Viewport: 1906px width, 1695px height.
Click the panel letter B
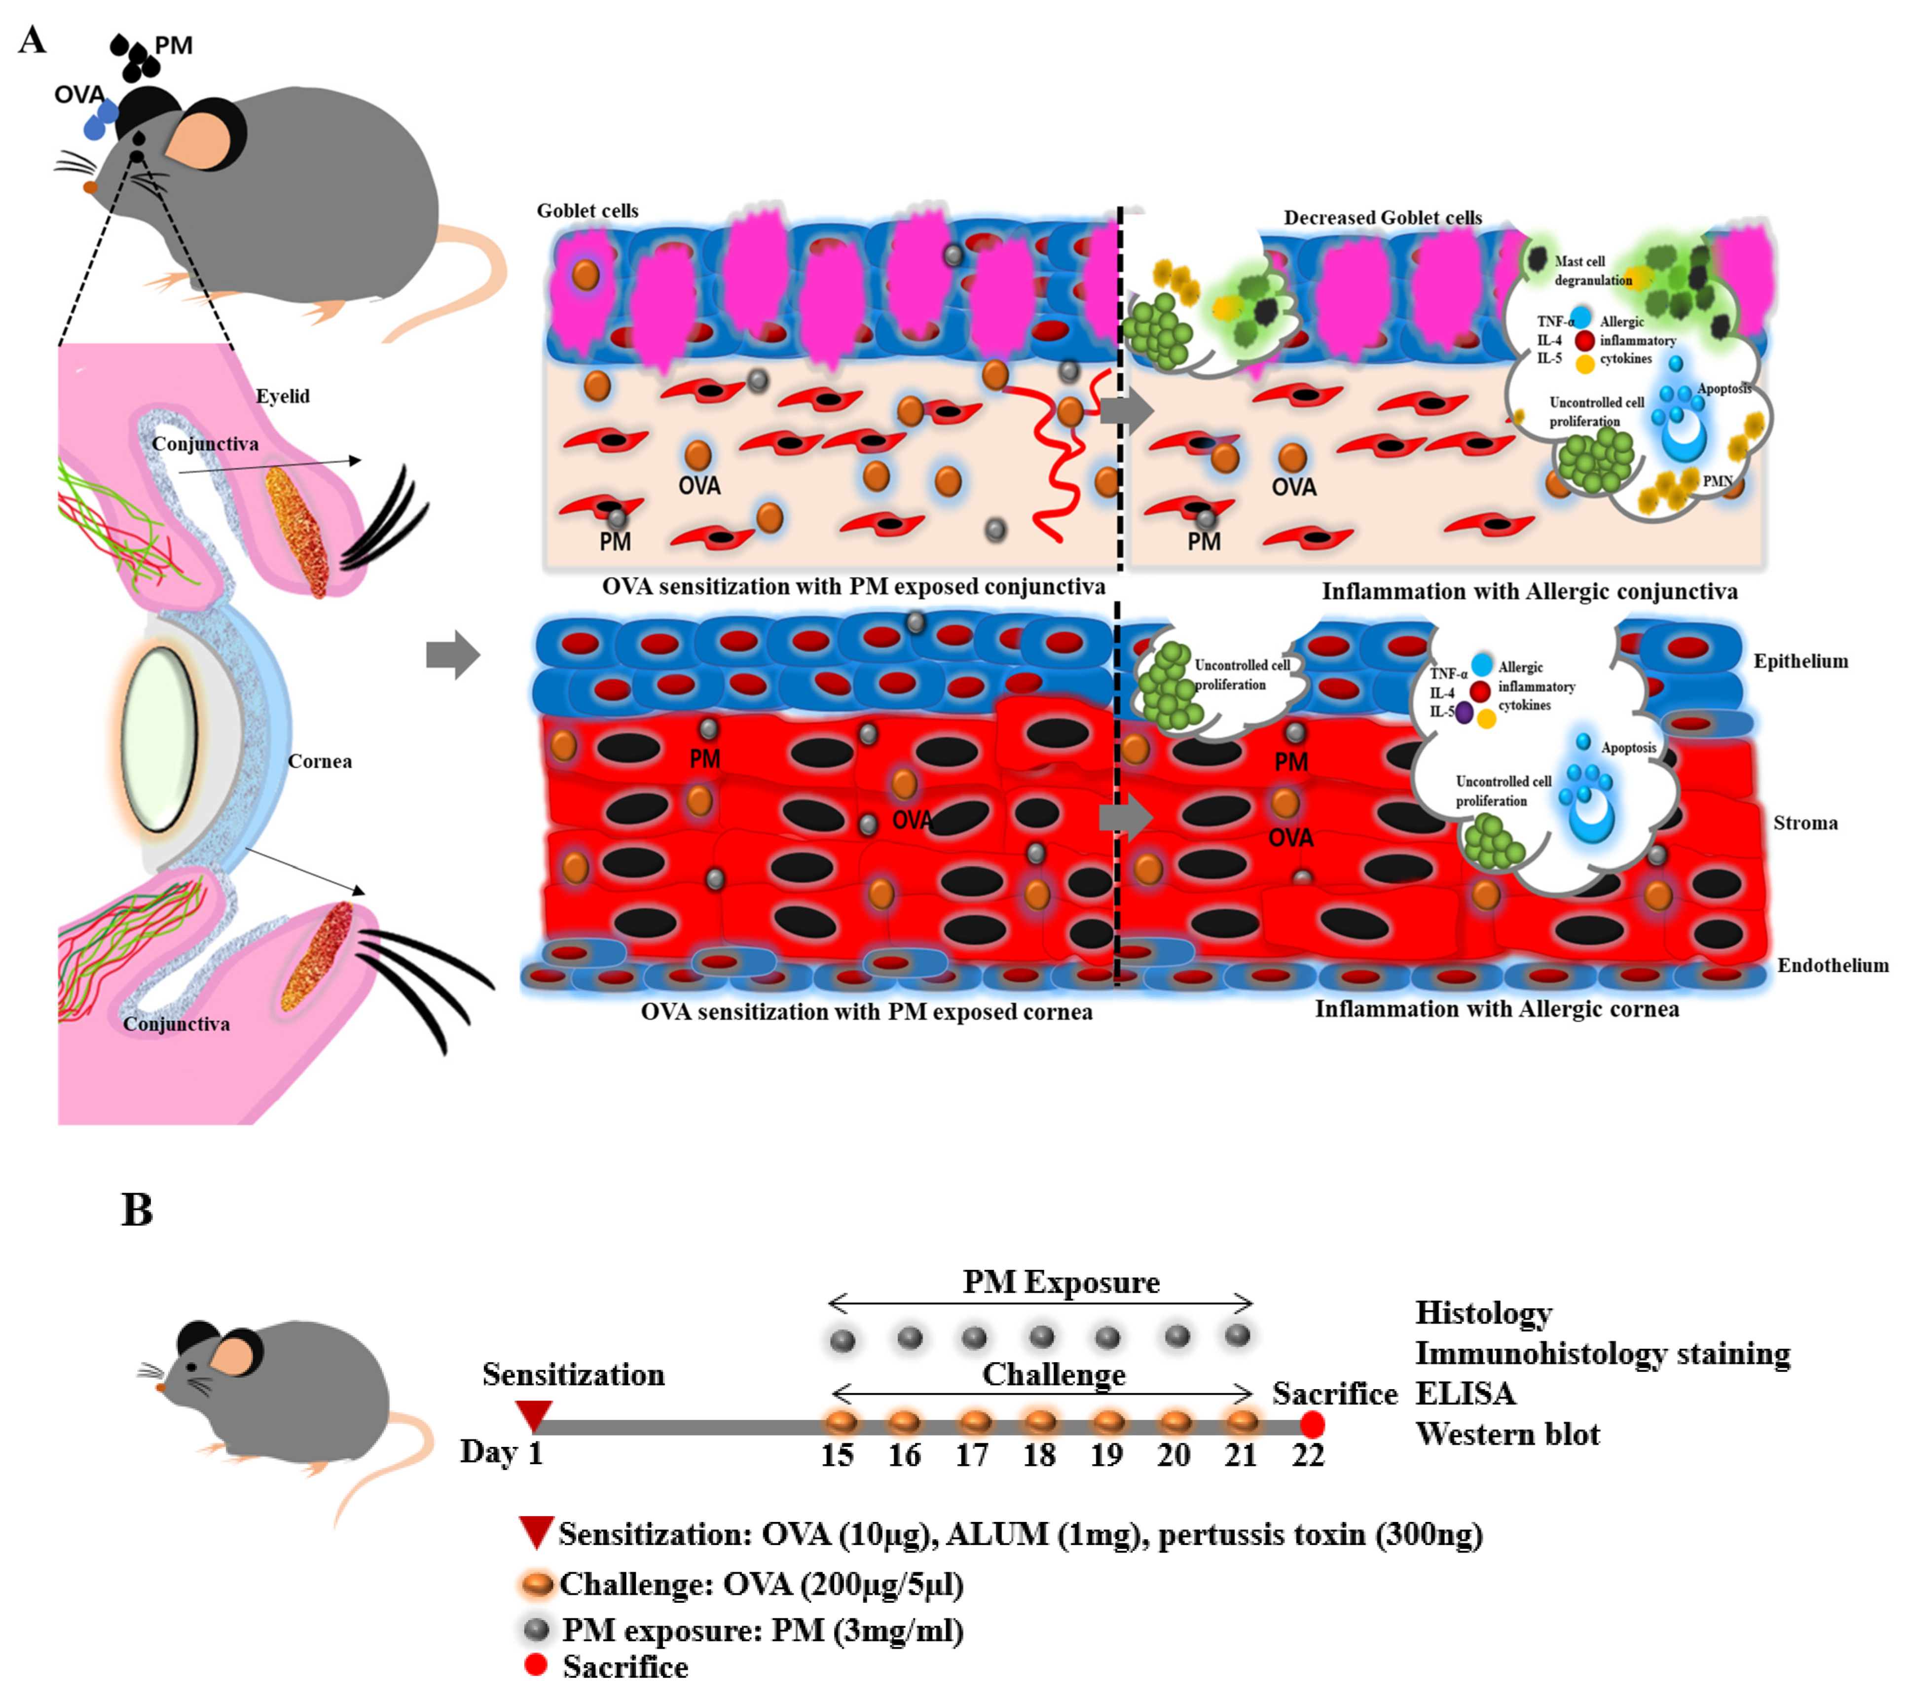pos(137,1210)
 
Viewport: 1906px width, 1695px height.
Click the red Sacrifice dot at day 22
pos(1312,1424)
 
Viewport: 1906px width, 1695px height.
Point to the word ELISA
pos(1465,1393)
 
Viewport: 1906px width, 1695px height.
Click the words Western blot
pos(1507,1434)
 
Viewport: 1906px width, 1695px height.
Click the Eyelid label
pos(283,396)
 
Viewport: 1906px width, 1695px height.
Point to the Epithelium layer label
pos(1799,661)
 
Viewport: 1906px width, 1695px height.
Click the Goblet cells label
pos(587,211)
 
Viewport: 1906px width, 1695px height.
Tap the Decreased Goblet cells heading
pos(1382,217)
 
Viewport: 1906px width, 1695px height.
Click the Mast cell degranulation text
pos(1592,270)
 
